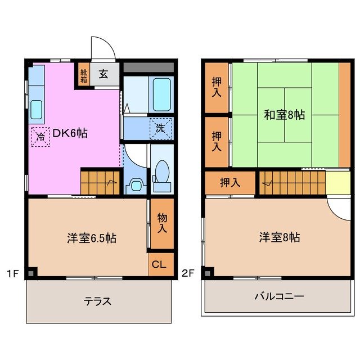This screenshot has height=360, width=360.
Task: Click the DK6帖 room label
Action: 70,134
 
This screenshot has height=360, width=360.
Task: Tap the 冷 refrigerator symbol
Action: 40,137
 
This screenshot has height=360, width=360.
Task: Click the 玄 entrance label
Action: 104,74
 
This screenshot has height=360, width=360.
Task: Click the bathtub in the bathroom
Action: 161,95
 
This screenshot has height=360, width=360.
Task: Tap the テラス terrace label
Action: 98,301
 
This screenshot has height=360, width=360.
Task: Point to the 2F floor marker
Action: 188,274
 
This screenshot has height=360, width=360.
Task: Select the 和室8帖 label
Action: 285,115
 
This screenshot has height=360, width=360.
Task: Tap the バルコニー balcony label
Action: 279,296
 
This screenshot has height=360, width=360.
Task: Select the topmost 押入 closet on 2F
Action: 217,87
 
